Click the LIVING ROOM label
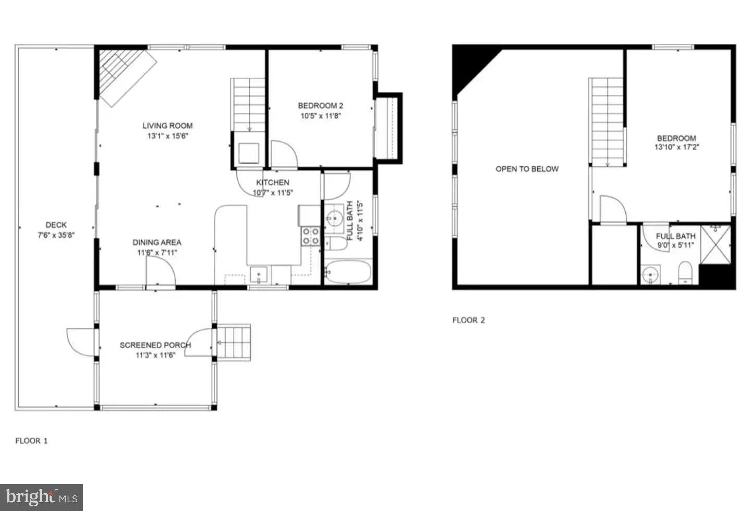167,126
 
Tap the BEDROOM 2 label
320,106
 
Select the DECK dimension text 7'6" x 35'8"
56,235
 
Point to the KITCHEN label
273,182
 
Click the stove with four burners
310,236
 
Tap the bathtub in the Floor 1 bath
348,272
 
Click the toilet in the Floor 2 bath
685,273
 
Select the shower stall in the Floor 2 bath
716,245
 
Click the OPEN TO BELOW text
527,169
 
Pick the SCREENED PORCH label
155,345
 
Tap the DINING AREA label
156,242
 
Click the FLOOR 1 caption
31,441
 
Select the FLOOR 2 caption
468,320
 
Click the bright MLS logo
42,497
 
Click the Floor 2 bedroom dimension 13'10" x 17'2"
676,147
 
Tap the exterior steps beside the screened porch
234,343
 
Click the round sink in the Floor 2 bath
650,274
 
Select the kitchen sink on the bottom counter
258,274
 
